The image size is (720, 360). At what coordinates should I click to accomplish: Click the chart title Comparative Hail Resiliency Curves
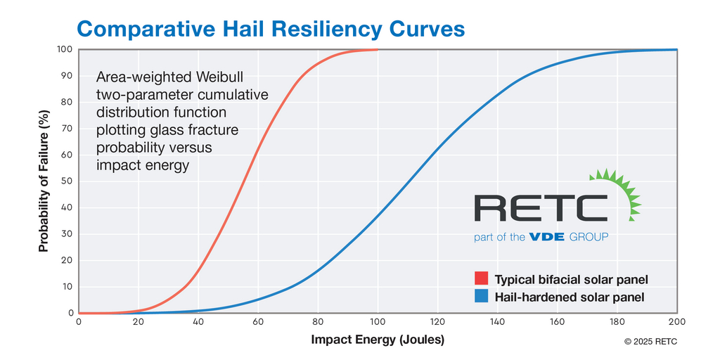[271, 28]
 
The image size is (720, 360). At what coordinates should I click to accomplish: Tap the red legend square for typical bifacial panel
[481, 278]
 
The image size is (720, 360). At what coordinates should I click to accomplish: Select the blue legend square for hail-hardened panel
[481, 296]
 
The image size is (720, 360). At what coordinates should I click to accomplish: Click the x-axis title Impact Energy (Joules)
[378, 340]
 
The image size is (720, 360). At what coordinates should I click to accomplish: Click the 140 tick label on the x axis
[497, 322]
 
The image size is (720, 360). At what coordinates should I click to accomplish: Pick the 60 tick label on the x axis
[258, 322]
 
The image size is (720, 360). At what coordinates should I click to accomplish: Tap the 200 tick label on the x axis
[677, 322]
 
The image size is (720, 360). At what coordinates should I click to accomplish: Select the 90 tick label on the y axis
[67, 76]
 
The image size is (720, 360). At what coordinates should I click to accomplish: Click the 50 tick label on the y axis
[67, 181]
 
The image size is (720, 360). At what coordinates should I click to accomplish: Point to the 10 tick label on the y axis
[67, 287]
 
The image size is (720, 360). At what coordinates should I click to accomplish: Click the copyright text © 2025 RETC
[650, 342]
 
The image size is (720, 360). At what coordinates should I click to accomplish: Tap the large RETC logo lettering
[541, 207]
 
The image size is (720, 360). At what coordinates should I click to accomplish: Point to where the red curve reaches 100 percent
[378, 50]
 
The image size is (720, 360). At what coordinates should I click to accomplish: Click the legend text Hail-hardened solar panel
[570, 297]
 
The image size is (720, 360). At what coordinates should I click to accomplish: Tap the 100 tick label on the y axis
[65, 49]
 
